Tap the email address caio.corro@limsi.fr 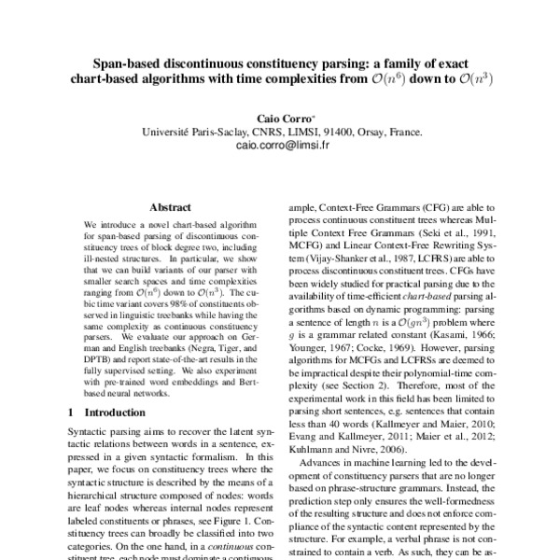pyautogui.click(x=279, y=147)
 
